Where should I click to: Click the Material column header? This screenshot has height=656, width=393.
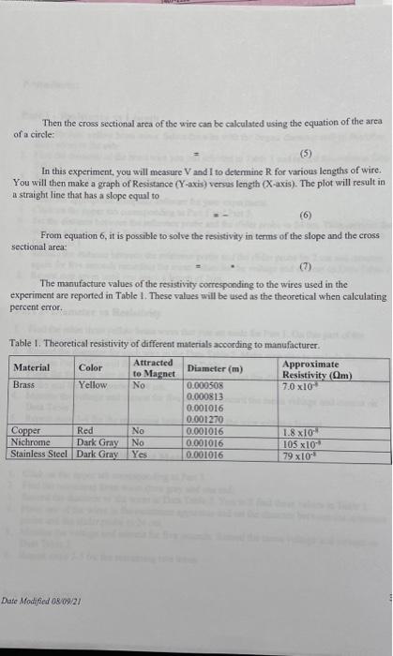pos(32,366)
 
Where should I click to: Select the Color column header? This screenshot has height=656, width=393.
pos(91,366)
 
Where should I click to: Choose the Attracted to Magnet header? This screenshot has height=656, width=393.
pos(153,367)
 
